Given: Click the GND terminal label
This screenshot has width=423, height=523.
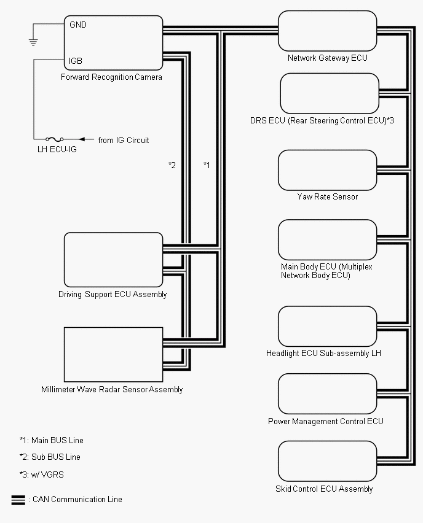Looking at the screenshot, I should (x=78, y=25).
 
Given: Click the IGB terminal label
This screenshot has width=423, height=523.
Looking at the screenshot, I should (x=76, y=61).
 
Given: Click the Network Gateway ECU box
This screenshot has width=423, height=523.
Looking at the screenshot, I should (x=327, y=30).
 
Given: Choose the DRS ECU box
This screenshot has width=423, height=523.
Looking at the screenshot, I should (x=330, y=93).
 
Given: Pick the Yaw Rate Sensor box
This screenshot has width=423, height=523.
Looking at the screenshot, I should (x=327, y=170).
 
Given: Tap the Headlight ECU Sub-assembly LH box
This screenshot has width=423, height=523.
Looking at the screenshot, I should (x=327, y=327).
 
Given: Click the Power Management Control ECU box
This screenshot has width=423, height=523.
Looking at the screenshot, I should (x=327, y=394).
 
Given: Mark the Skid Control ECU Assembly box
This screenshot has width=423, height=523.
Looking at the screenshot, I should (x=327, y=462).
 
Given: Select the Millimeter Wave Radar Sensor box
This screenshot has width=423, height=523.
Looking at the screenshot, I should (x=114, y=355).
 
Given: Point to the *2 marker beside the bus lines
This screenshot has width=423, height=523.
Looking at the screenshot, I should (x=172, y=165).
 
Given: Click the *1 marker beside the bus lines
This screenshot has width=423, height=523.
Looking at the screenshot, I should (x=207, y=165).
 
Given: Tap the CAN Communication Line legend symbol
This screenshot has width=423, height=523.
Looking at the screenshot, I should (x=18, y=500).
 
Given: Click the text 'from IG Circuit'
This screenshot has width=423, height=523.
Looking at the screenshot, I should (x=124, y=140).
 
